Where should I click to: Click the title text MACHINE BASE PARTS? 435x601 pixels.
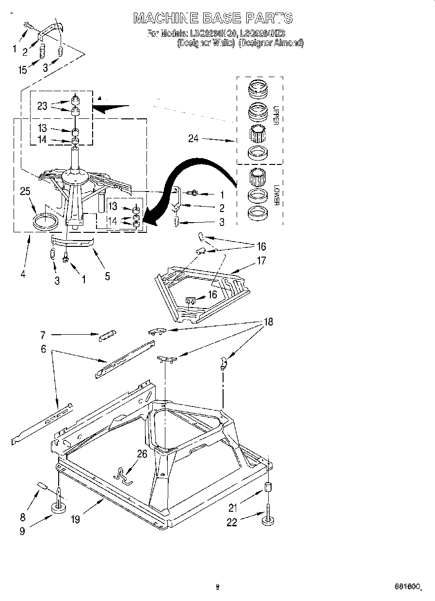click(213, 18)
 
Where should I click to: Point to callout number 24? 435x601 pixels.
click(193, 139)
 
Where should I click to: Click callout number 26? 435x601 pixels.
click(142, 455)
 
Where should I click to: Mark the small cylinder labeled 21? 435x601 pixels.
click(267, 487)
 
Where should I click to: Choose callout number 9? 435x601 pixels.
click(22, 531)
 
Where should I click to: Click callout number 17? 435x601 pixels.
click(261, 260)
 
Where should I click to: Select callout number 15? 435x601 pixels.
click(22, 70)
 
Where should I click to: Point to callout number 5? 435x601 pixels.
click(107, 276)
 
